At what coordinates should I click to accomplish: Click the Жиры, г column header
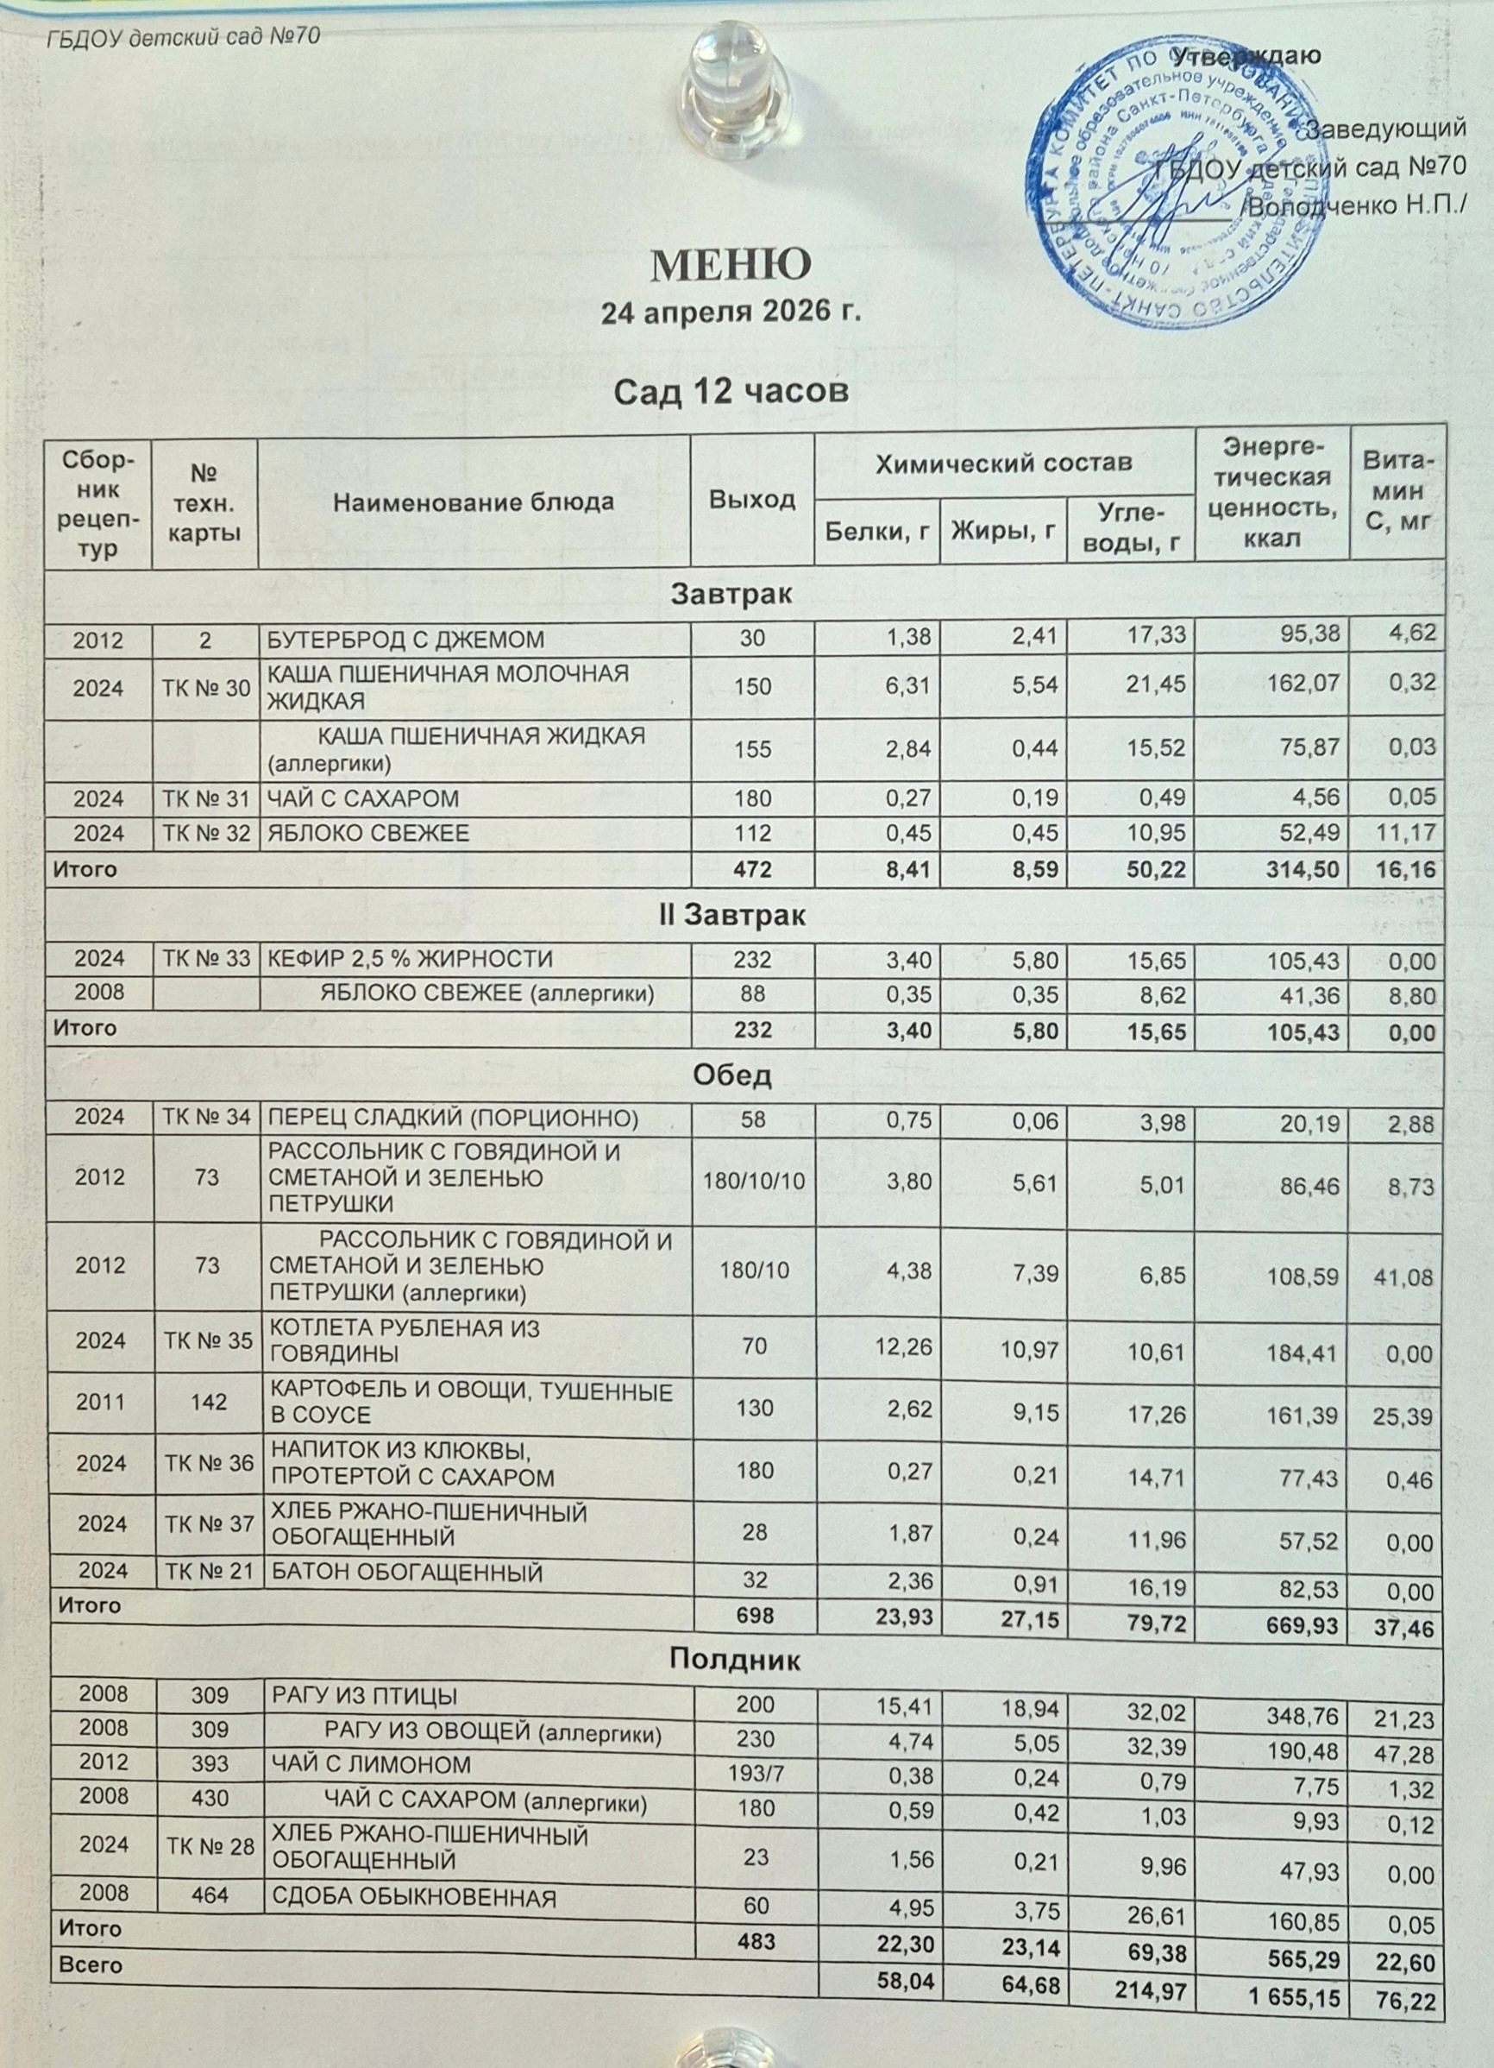pyautogui.click(x=1002, y=528)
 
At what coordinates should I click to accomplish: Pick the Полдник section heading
pyautogui.click(x=735, y=1660)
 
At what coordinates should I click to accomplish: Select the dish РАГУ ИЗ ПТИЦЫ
pyautogui.click(x=360, y=1697)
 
